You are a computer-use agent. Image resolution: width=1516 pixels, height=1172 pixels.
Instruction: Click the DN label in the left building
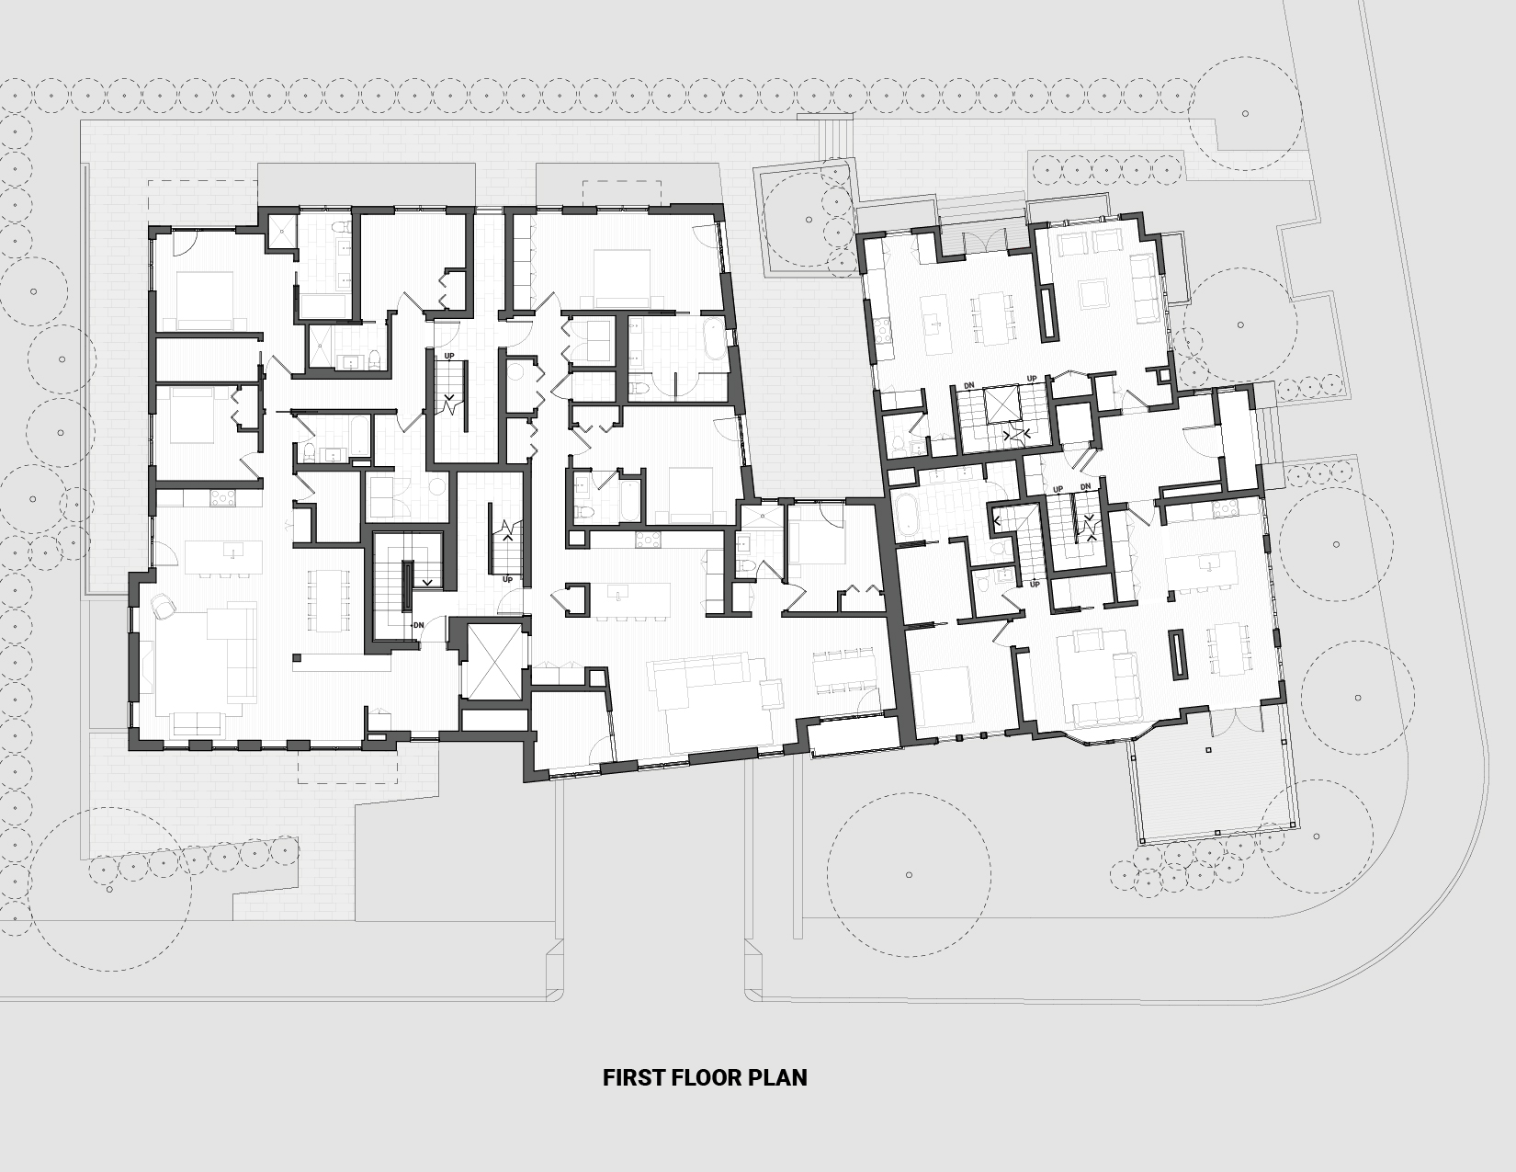pos(419,625)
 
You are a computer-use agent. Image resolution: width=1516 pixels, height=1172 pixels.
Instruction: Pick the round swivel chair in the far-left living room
pos(163,606)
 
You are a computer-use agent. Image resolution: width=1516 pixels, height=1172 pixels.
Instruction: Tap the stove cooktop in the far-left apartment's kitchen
pos(223,497)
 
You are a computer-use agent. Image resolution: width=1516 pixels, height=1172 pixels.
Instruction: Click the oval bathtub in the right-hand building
pos(908,518)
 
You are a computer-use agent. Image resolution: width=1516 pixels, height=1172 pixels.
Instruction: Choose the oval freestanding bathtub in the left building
pos(713,339)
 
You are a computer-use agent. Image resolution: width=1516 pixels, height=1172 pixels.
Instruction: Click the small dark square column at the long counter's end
pos(297,657)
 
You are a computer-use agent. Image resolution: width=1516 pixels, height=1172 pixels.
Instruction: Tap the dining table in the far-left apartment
pos(328,600)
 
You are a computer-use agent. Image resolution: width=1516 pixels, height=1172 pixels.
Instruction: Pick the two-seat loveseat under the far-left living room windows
pos(198,723)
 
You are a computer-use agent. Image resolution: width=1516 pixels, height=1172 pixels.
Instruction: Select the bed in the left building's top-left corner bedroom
pos(204,301)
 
